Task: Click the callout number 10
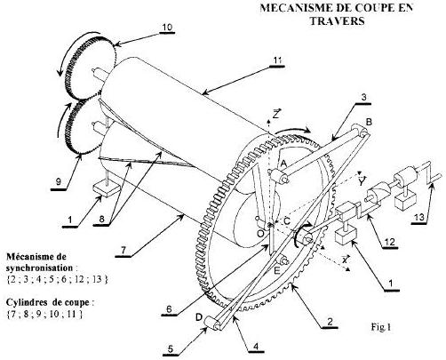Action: (x=167, y=28)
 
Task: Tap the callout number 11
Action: (x=277, y=60)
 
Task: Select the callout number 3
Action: (x=363, y=97)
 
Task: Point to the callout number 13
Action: (x=419, y=218)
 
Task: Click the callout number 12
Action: (x=390, y=242)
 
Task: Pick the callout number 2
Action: (x=330, y=322)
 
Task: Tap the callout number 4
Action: (x=256, y=346)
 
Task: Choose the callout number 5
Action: (x=171, y=349)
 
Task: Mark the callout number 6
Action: (x=169, y=309)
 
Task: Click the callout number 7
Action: (x=123, y=251)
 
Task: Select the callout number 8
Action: (x=101, y=220)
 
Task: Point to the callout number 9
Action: (x=59, y=181)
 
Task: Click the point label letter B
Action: (x=369, y=122)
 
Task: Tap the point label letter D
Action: (x=199, y=317)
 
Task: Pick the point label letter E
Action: (x=277, y=270)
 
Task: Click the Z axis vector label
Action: (x=276, y=114)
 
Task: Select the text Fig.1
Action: (x=381, y=327)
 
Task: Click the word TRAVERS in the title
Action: (x=337, y=20)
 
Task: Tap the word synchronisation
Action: (x=39, y=268)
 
